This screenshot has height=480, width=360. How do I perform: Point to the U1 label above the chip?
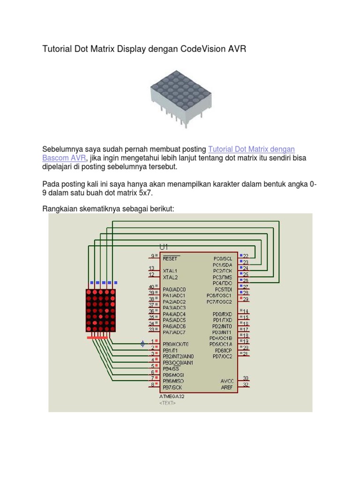click(164, 247)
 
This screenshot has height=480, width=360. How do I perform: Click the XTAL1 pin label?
click(170, 271)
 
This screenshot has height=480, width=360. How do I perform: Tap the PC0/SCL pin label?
click(223, 258)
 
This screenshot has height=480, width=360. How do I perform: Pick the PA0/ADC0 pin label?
click(174, 289)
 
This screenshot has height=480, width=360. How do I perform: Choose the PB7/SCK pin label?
click(172, 388)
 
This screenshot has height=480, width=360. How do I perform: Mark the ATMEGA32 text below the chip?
click(172, 397)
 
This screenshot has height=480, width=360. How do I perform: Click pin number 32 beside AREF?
click(246, 385)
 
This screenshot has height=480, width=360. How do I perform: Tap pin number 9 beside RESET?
click(152, 255)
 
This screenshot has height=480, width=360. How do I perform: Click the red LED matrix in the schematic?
click(100, 310)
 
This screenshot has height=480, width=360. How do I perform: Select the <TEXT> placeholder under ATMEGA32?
click(168, 403)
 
